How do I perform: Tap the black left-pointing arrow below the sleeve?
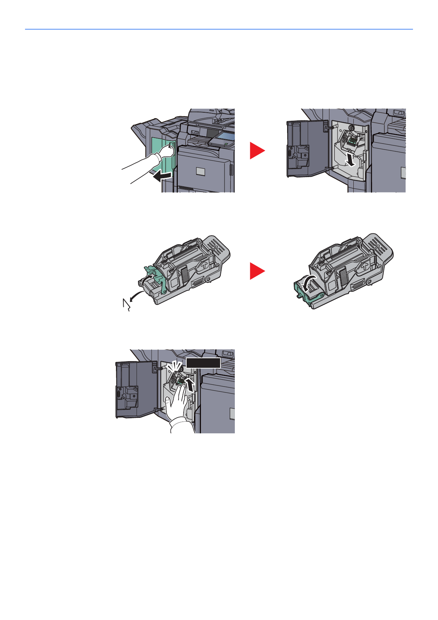tap(162, 177)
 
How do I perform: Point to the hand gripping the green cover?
tap(166, 151)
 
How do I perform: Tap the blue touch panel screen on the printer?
tap(223, 136)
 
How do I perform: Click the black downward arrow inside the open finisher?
tap(351, 160)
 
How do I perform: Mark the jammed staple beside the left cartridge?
tap(126, 305)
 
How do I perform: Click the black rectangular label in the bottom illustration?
tap(203, 363)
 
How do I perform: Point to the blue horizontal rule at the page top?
tap(219, 29)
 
